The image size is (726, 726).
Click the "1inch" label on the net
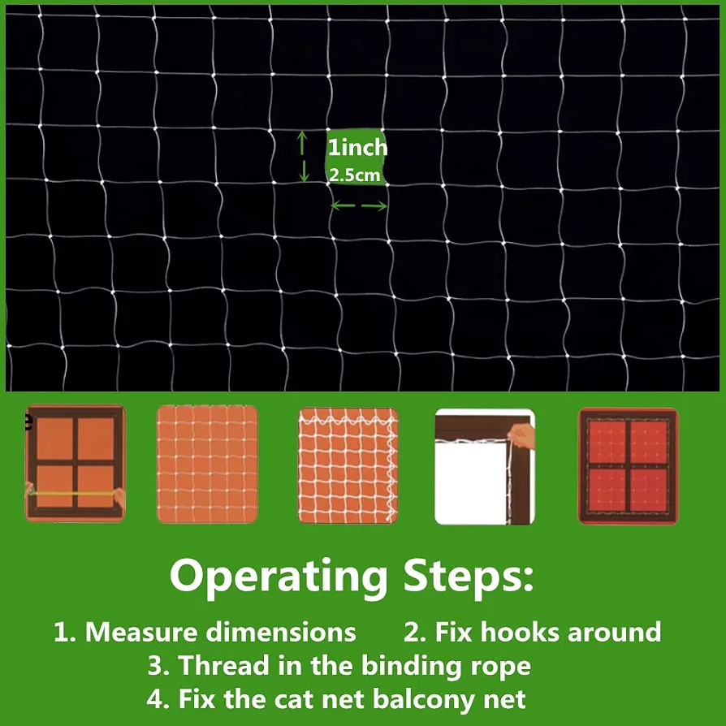tap(357, 147)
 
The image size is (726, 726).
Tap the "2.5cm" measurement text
tap(354, 175)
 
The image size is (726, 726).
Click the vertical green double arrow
tap(303, 156)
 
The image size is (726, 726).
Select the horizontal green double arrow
tap(359, 205)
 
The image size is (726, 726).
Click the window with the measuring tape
tap(75, 464)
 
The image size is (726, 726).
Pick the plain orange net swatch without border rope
tap(207, 465)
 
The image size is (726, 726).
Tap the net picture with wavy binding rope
tap(348, 465)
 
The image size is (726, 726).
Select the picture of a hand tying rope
tap(485, 467)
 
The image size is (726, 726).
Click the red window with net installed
tap(628, 466)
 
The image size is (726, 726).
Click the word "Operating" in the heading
tap(279, 577)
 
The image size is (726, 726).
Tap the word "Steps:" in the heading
tap(469, 575)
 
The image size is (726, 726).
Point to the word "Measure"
tap(141, 632)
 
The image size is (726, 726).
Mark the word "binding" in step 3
tap(412, 667)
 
